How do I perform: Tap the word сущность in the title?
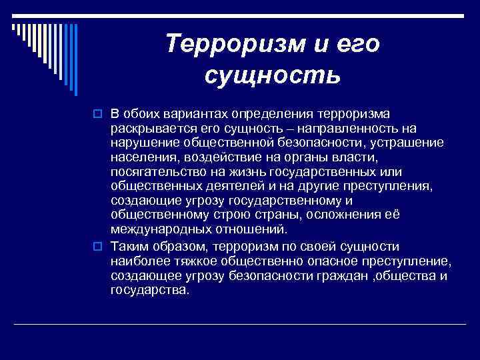click(x=273, y=76)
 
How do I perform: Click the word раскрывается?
click(x=147, y=127)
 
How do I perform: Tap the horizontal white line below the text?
click(x=240, y=324)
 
